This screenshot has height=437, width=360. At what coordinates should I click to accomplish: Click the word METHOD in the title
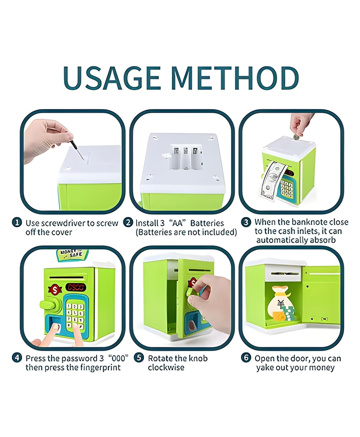tap(235, 78)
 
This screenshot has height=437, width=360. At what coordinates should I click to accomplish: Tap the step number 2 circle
tap(128, 222)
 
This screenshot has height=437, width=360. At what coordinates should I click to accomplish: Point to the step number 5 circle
tap(139, 357)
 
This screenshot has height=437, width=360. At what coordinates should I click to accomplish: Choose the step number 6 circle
tap(246, 357)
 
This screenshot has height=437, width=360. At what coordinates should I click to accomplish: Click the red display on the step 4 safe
tap(76, 287)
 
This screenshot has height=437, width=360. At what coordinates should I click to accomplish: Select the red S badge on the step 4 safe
tap(55, 290)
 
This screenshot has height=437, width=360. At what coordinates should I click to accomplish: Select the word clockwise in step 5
tap(166, 367)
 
